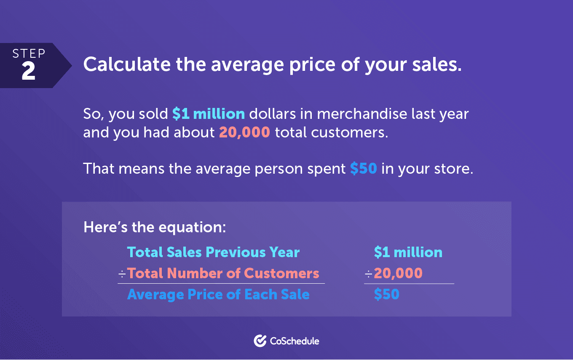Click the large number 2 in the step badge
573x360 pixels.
pyautogui.click(x=28, y=71)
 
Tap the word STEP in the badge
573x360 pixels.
pyautogui.click(x=29, y=54)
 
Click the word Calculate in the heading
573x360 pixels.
pyautogui.click(x=127, y=64)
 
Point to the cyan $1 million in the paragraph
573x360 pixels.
pyautogui.click(x=209, y=113)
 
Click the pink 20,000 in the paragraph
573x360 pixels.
pyautogui.click(x=244, y=132)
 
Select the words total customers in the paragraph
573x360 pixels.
pyautogui.click(x=332, y=132)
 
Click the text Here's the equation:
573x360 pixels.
pyautogui.click(x=155, y=227)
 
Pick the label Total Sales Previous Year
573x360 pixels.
pyautogui.click(x=213, y=252)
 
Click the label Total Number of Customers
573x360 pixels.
pyautogui.click(x=223, y=273)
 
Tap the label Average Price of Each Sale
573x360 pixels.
pyautogui.click(x=218, y=294)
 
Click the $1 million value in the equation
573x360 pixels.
pyautogui.click(x=408, y=252)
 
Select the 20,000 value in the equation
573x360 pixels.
pyautogui.click(x=398, y=273)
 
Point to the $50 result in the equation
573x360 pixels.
pyautogui.click(x=386, y=294)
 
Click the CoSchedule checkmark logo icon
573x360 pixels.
pyautogui.click(x=260, y=341)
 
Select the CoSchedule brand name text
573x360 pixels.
pyautogui.click(x=295, y=341)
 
